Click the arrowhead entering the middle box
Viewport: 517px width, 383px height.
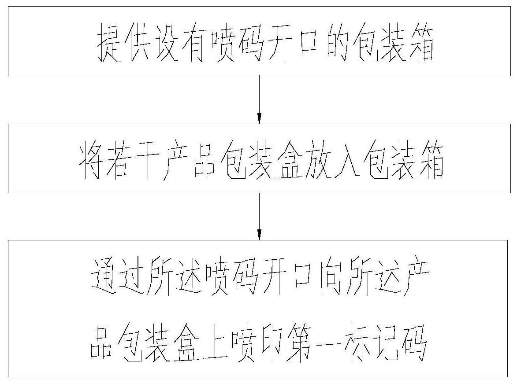[259, 118]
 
